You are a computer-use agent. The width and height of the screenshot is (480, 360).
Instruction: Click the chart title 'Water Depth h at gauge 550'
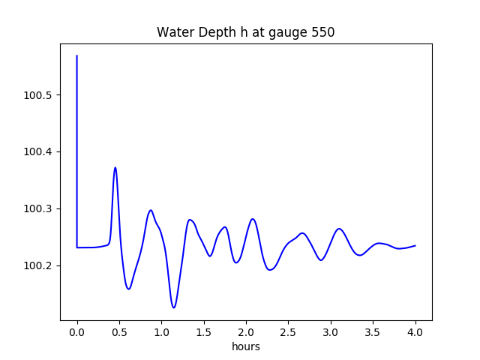click(x=245, y=32)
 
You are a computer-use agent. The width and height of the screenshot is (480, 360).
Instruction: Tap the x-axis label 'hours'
click(x=245, y=346)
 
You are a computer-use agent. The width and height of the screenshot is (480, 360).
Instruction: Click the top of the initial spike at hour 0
click(x=77, y=56)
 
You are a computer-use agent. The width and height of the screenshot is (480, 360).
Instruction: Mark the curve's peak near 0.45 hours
click(x=115, y=167)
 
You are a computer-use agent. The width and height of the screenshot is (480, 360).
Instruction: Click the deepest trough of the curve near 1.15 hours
click(x=174, y=307)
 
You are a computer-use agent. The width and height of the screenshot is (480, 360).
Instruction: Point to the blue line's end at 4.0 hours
click(x=415, y=245)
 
